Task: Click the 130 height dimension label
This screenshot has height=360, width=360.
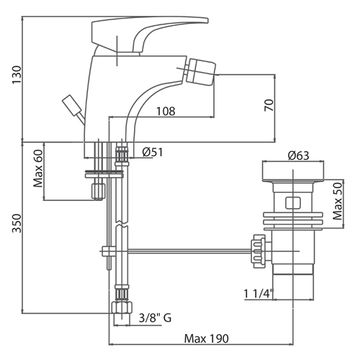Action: point(17,75)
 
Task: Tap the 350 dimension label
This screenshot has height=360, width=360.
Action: point(17,223)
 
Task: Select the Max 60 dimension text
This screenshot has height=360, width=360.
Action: point(38,168)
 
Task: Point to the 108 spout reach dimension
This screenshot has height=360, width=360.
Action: point(166,111)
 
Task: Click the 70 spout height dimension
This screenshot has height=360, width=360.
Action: point(269,105)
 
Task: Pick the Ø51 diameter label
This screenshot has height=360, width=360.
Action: point(153,152)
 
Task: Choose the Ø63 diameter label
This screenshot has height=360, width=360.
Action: point(299,156)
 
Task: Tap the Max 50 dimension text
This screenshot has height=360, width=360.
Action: point(338,201)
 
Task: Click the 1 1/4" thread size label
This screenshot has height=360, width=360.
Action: point(258,293)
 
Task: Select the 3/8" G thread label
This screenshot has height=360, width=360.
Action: point(155,318)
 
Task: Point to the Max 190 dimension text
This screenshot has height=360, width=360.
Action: point(207,338)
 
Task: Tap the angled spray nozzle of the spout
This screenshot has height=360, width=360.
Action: point(200,71)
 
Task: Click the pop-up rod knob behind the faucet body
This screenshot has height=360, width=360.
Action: point(71,105)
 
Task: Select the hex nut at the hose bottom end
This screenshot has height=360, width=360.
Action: point(122,307)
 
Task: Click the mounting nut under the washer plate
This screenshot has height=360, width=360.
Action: point(99,192)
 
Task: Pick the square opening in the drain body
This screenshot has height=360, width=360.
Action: point(293,203)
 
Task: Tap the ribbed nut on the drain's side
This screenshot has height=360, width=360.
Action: point(258,251)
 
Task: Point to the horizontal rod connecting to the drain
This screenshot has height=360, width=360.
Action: point(189,251)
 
